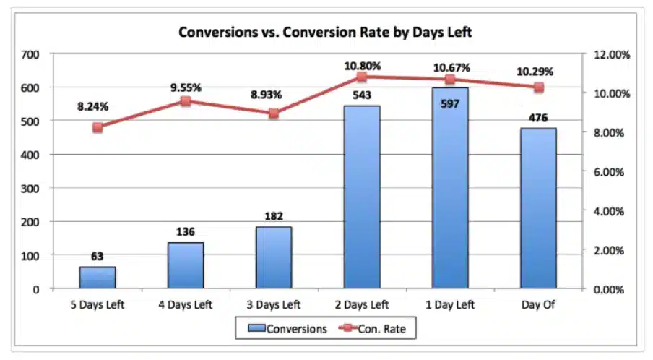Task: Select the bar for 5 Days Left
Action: (98, 278)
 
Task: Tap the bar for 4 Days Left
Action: (186, 265)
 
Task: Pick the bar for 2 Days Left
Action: (362, 197)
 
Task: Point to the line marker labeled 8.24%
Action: (98, 127)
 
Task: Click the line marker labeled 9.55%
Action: (186, 101)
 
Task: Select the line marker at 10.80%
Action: (362, 77)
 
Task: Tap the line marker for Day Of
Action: (538, 87)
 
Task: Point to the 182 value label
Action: (274, 216)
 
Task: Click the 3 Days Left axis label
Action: (274, 304)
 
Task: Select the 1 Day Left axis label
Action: (450, 304)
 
